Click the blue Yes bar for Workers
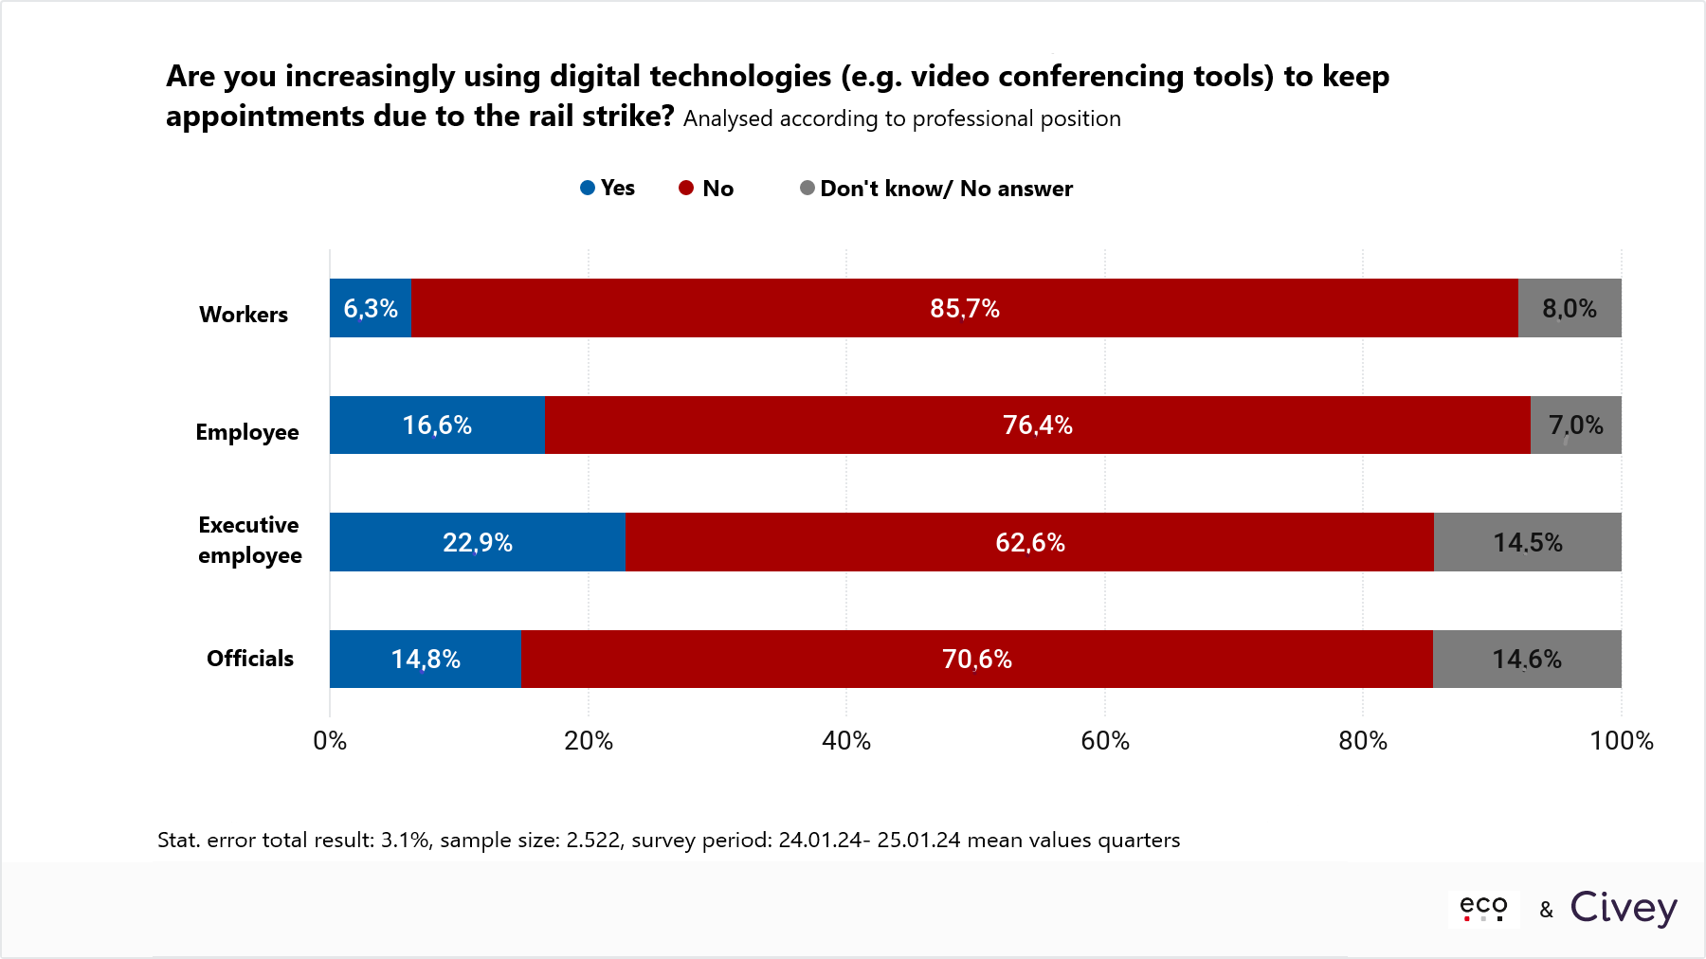[x=371, y=308]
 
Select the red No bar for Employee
[x=1037, y=425]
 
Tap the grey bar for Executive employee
[x=1527, y=542]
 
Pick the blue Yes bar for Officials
[x=426, y=659]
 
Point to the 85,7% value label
[x=965, y=309]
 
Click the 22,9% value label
[x=478, y=543]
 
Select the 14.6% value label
[x=1526, y=660]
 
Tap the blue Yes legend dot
[x=588, y=188]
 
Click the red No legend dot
[x=686, y=188]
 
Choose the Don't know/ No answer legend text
[x=946, y=189]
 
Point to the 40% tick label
[x=846, y=741]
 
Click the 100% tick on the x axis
[x=1621, y=741]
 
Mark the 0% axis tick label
[x=330, y=741]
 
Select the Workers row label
[x=244, y=315]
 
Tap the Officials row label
[x=250, y=659]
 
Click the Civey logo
[x=1624, y=908]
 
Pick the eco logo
[x=1483, y=907]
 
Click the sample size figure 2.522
[x=592, y=841]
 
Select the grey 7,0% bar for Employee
[x=1575, y=425]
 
